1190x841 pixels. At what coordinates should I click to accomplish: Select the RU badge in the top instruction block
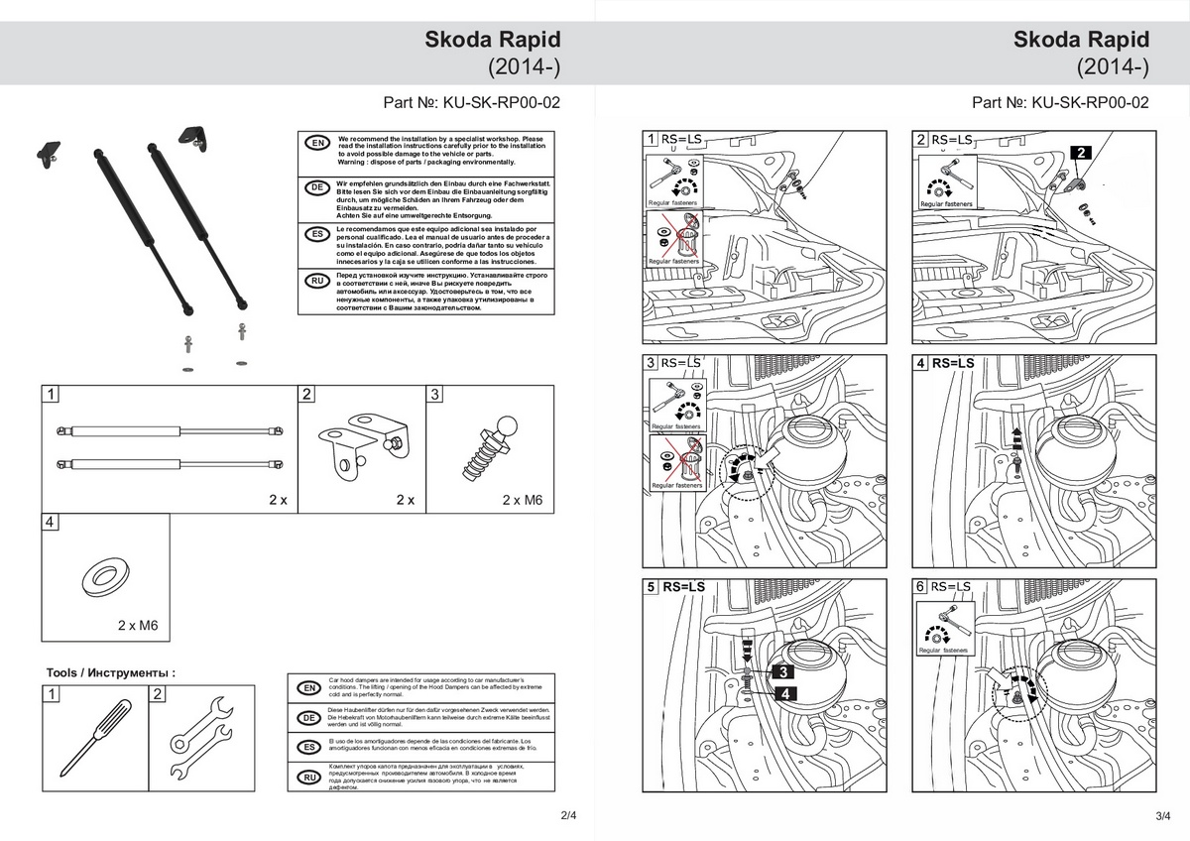[316, 282]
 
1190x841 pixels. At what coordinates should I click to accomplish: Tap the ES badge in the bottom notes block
[308, 745]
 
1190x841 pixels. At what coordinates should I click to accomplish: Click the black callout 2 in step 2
[1081, 153]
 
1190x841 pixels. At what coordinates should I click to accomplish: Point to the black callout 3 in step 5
[782, 672]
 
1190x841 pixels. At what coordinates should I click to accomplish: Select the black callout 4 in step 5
[782, 694]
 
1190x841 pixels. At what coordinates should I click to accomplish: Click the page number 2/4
[568, 815]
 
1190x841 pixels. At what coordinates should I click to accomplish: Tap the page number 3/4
[1163, 815]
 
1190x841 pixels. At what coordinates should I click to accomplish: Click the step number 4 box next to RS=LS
[921, 364]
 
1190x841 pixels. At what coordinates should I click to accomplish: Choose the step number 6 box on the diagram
[921, 587]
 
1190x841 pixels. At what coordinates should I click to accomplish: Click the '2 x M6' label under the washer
[138, 626]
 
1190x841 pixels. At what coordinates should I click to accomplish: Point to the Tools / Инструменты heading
[111, 672]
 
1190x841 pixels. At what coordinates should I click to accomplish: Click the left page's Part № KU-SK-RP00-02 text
[472, 102]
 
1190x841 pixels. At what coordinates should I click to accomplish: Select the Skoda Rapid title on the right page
[1082, 40]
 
